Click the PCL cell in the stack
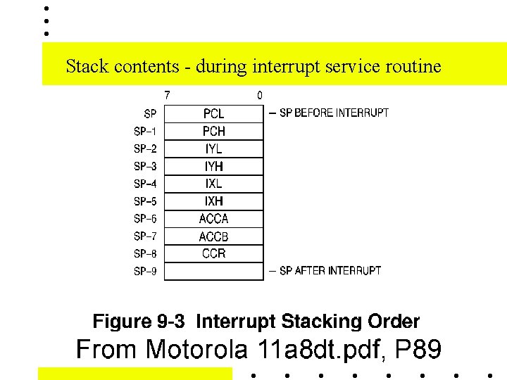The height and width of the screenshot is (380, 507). [x=213, y=113]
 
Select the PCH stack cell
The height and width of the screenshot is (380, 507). [x=213, y=131]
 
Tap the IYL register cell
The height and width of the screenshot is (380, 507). [x=213, y=148]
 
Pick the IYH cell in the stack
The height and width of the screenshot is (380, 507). [x=213, y=166]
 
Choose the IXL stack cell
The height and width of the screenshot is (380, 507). [x=213, y=184]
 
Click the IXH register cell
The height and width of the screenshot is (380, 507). [x=213, y=201]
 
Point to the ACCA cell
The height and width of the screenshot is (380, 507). [x=213, y=219]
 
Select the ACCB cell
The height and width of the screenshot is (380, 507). [x=213, y=236]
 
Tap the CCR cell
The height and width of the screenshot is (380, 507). [x=213, y=253]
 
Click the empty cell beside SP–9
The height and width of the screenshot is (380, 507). [x=213, y=271]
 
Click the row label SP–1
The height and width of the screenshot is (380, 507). [x=145, y=131]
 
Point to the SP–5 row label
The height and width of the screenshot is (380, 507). [x=145, y=201]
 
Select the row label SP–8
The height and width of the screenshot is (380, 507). [x=145, y=253]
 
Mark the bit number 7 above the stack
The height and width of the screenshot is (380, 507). [x=167, y=95]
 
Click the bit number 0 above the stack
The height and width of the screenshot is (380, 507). [x=260, y=95]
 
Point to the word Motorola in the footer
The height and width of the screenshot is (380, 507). [x=199, y=349]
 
